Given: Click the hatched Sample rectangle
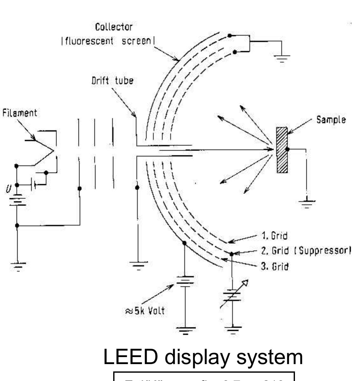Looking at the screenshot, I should point(282,150).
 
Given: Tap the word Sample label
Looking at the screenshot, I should point(331,120).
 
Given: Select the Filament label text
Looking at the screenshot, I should point(19,113).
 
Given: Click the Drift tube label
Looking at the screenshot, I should point(112,81).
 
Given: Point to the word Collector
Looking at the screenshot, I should point(114,27).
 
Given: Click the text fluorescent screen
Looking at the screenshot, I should point(106,42).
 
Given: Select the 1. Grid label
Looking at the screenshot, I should point(274,236).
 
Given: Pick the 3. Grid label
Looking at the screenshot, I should point(275,266).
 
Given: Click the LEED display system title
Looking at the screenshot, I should point(203,357).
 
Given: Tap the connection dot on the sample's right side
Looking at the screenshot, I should point(288,149).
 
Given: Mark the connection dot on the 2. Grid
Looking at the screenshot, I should point(232,254).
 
